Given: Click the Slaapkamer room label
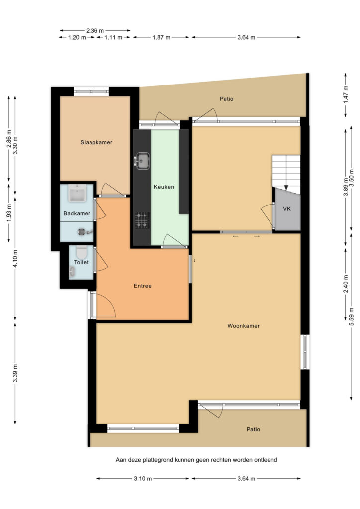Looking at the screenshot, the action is [x=96, y=142].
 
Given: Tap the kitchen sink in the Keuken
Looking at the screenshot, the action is [x=142, y=161].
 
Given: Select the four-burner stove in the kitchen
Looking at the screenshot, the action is [x=142, y=220].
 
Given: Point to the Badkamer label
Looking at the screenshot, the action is [x=77, y=213].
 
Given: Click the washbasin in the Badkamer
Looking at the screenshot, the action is [x=77, y=193].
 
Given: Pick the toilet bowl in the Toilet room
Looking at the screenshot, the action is [x=81, y=252].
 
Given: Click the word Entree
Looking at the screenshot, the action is [x=143, y=286].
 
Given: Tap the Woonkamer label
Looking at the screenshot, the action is [x=244, y=326].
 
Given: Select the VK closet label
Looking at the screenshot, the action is [x=287, y=209].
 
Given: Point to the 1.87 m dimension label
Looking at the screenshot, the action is [x=161, y=37].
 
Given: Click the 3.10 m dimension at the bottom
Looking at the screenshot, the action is [x=143, y=479].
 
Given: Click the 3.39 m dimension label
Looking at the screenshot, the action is [x=15, y=373].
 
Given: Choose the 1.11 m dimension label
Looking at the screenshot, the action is [x=113, y=37].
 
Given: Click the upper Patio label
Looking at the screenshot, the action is [x=227, y=99].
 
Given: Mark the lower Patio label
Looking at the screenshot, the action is [x=253, y=429].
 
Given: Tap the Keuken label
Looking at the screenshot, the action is [x=164, y=187].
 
